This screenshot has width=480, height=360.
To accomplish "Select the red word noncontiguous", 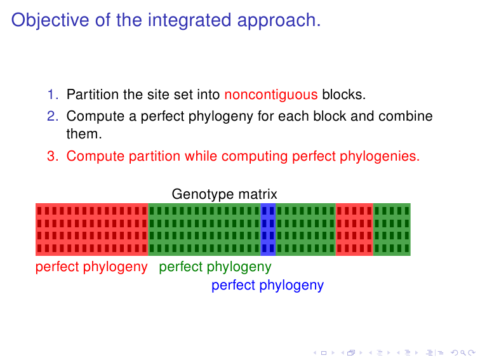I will point(271,96).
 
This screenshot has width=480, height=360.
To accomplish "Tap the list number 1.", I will point(52,96).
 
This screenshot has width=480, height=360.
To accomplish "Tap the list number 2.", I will point(52,117).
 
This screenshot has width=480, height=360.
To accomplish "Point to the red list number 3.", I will point(52,156).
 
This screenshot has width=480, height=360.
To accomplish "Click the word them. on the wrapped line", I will point(84,135).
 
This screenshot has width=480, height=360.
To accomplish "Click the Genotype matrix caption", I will point(224,194).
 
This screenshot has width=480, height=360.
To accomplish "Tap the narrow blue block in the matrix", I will point(268,229).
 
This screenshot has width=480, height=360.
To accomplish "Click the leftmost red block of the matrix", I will point(92,229).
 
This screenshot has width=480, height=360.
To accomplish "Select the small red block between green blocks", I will point(354,229).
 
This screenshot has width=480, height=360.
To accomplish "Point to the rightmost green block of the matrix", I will point(392,229).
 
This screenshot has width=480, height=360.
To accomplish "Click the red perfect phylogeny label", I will point(91,267).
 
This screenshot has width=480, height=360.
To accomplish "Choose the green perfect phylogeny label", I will point(215,267).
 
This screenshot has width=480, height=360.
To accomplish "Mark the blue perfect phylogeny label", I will point(267,286).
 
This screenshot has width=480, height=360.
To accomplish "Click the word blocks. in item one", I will point(344,96).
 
